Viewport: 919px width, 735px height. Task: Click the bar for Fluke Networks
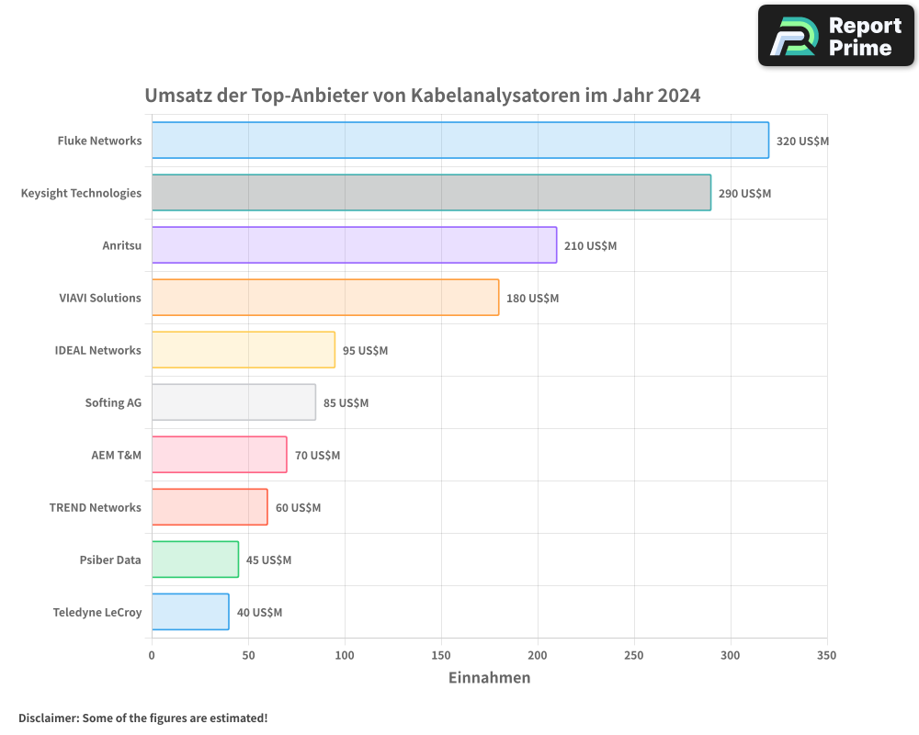pos(459,141)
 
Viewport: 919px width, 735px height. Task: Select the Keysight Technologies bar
pos(431,193)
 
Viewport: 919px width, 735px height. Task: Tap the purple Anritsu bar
pos(354,245)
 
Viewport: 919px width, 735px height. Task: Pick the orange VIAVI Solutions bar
pos(325,298)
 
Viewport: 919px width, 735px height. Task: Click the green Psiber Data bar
pos(195,560)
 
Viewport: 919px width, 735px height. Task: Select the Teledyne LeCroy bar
pos(190,612)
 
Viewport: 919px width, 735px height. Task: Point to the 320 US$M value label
pos(802,141)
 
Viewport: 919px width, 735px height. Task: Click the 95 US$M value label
pos(365,351)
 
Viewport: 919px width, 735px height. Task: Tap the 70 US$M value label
pos(317,456)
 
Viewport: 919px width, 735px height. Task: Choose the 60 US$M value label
pos(298,508)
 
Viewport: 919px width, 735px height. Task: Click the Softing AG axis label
pos(113,402)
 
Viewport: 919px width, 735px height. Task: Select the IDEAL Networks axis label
pos(98,350)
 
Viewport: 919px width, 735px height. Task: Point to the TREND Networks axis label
pos(96,507)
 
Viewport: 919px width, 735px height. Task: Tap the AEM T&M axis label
pos(117,455)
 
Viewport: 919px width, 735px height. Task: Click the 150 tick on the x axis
pos(441,655)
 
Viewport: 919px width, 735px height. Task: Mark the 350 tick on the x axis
pos(826,655)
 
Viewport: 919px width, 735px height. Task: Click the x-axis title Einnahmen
pos(489,678)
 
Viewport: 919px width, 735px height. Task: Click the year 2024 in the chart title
pos(678,96)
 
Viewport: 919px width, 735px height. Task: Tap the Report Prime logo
pos(835,36)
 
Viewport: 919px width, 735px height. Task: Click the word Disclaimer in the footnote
pos(47,718)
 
